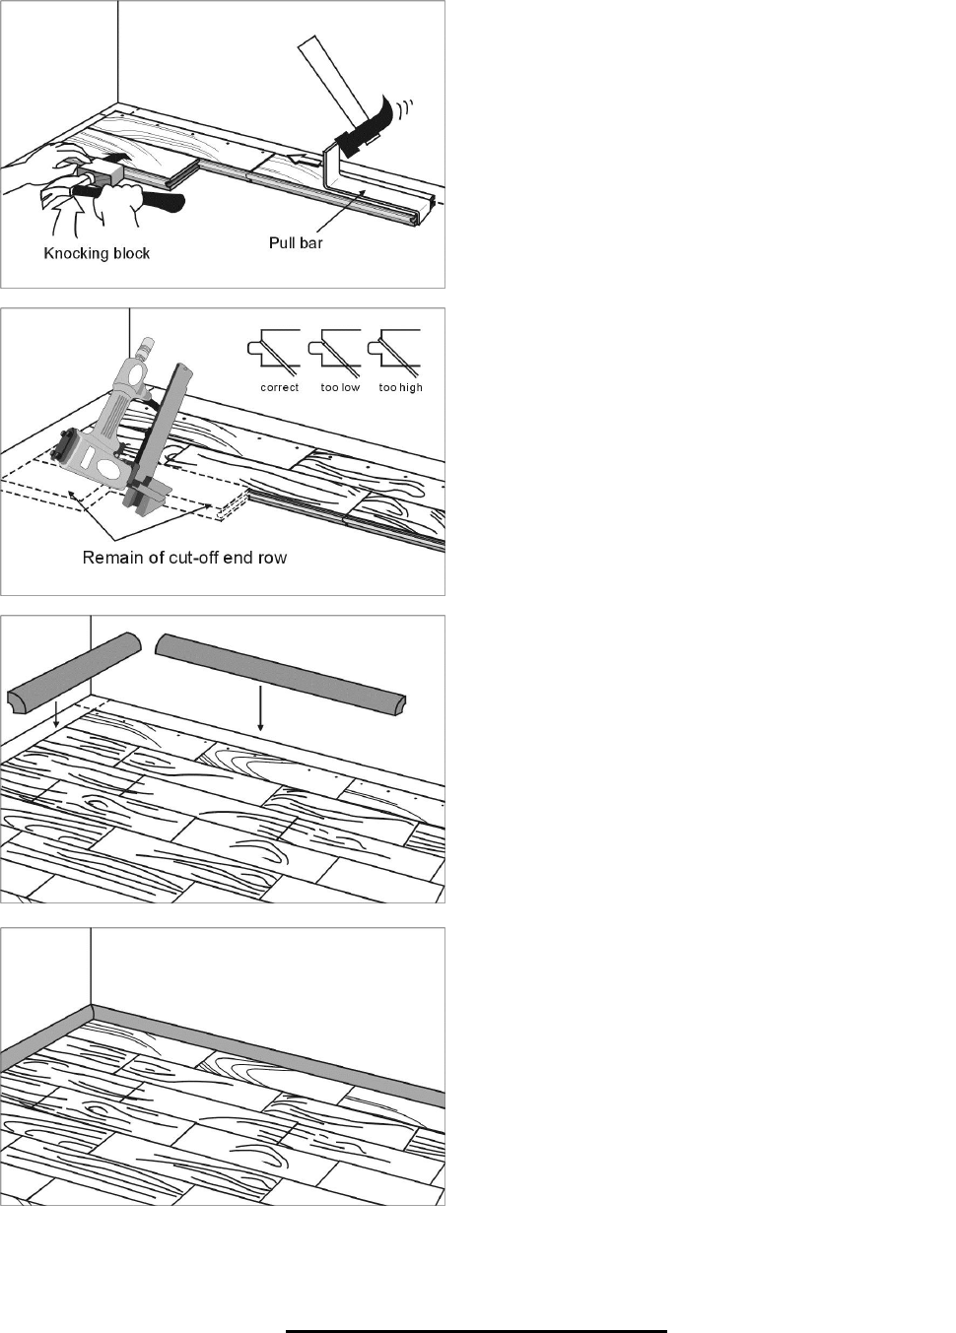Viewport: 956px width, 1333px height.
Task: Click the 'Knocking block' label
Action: pos(97,253)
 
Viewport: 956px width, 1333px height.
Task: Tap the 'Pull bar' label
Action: pos(296,242)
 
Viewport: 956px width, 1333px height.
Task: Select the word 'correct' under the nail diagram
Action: pos(279,387)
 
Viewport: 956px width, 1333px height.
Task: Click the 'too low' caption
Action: pos(340,387)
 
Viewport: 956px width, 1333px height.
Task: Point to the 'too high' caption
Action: pos(400,387)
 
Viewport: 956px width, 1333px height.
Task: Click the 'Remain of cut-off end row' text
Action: pos(184,558)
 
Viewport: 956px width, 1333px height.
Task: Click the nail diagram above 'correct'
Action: pos(274,352)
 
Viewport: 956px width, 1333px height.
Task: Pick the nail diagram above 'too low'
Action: pos(335,352)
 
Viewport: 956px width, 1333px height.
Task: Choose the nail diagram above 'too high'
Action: pos(394,352)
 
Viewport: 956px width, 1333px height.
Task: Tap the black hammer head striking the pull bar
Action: pos(363,127)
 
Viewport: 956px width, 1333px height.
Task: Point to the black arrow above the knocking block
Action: pos(114,156)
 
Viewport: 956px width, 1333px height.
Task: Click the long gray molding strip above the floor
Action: pos(280,676)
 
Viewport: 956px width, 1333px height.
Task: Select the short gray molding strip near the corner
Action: pos(74,670)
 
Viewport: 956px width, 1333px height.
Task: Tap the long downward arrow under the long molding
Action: pos(260,708)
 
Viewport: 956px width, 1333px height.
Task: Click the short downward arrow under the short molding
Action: pos(55,714)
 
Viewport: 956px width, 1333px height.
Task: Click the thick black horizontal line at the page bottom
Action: pos(476,1331)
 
